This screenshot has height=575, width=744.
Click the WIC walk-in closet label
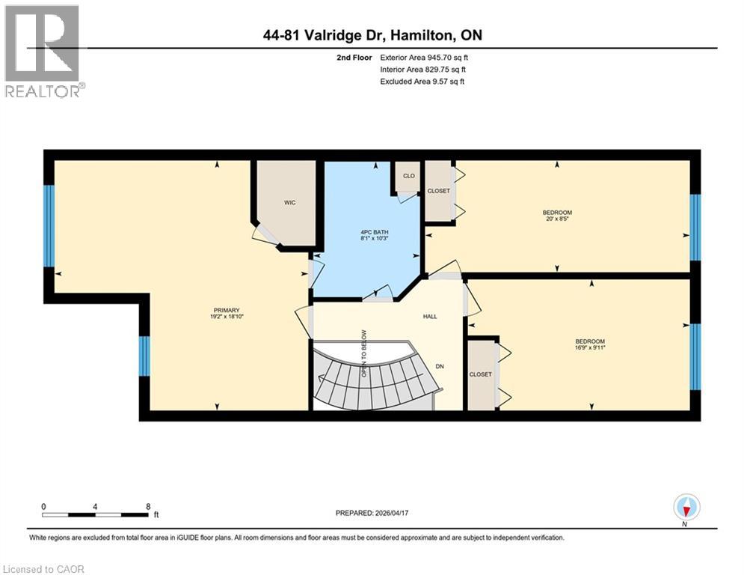pos(290,202)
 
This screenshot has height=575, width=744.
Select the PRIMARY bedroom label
pos(224,312)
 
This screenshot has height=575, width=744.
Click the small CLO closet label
pos(408,176)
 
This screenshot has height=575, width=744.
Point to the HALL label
pos(430,317)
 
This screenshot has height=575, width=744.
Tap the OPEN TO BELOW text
pos(364,353)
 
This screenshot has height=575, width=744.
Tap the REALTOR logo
pos(43,51)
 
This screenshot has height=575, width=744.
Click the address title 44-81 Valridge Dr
pos(372,35)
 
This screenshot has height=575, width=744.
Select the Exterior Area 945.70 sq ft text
pos(425,57)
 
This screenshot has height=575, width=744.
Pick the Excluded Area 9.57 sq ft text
pos(422,82)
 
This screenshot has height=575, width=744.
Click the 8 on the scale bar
pos(147,506)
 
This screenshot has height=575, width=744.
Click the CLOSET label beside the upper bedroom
pos(439,191)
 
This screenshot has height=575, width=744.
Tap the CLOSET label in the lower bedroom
pos(481,374)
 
